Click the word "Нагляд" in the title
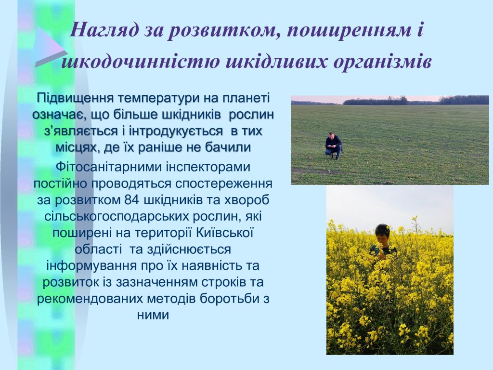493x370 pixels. [104, 30]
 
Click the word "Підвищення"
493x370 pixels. [75, 98]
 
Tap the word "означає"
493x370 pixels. [59, 115]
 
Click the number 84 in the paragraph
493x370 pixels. [132, 200]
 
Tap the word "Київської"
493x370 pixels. [225, 233]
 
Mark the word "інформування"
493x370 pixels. [91, 266]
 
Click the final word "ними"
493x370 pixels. [153, 315]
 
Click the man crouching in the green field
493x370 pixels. [333, 145]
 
